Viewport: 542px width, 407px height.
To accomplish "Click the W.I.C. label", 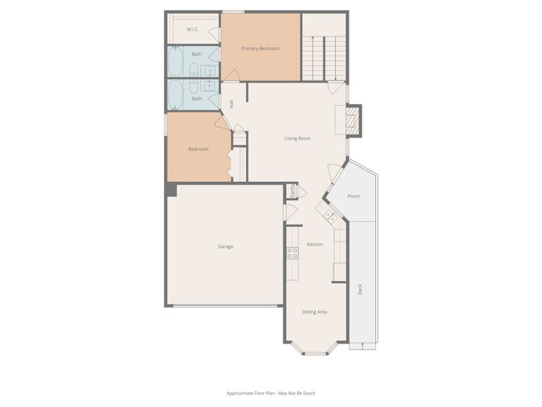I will (x=192, y=30).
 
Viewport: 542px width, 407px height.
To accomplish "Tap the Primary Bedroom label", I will (x=260, y=49).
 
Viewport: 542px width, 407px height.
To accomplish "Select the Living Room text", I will (x=298, y=138).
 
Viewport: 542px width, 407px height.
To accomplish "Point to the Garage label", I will (x=225, y=247).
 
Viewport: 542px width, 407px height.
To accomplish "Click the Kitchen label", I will (x=314, y=244).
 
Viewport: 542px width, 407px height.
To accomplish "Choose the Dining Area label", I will (x=314, y=312).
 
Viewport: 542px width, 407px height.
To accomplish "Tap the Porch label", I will (x=354, y=197).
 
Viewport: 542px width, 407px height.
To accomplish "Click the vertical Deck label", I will (x=360, y=289).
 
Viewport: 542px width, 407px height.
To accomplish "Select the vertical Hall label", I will (x=231, y=103).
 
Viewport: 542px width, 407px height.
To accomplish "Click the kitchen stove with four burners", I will (x=293, y=253).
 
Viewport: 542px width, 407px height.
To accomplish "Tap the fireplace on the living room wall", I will (x=353, y=119).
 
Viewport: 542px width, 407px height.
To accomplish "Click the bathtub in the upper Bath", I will (x=177, y=61).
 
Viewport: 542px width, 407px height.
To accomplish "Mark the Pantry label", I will (x=292, y=191).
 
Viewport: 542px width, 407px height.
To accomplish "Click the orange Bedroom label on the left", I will (x=198, y=149).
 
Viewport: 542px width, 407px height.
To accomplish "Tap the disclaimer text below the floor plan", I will (x=271, y=393).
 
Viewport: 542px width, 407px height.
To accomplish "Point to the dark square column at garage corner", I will (x=171, y=189).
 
